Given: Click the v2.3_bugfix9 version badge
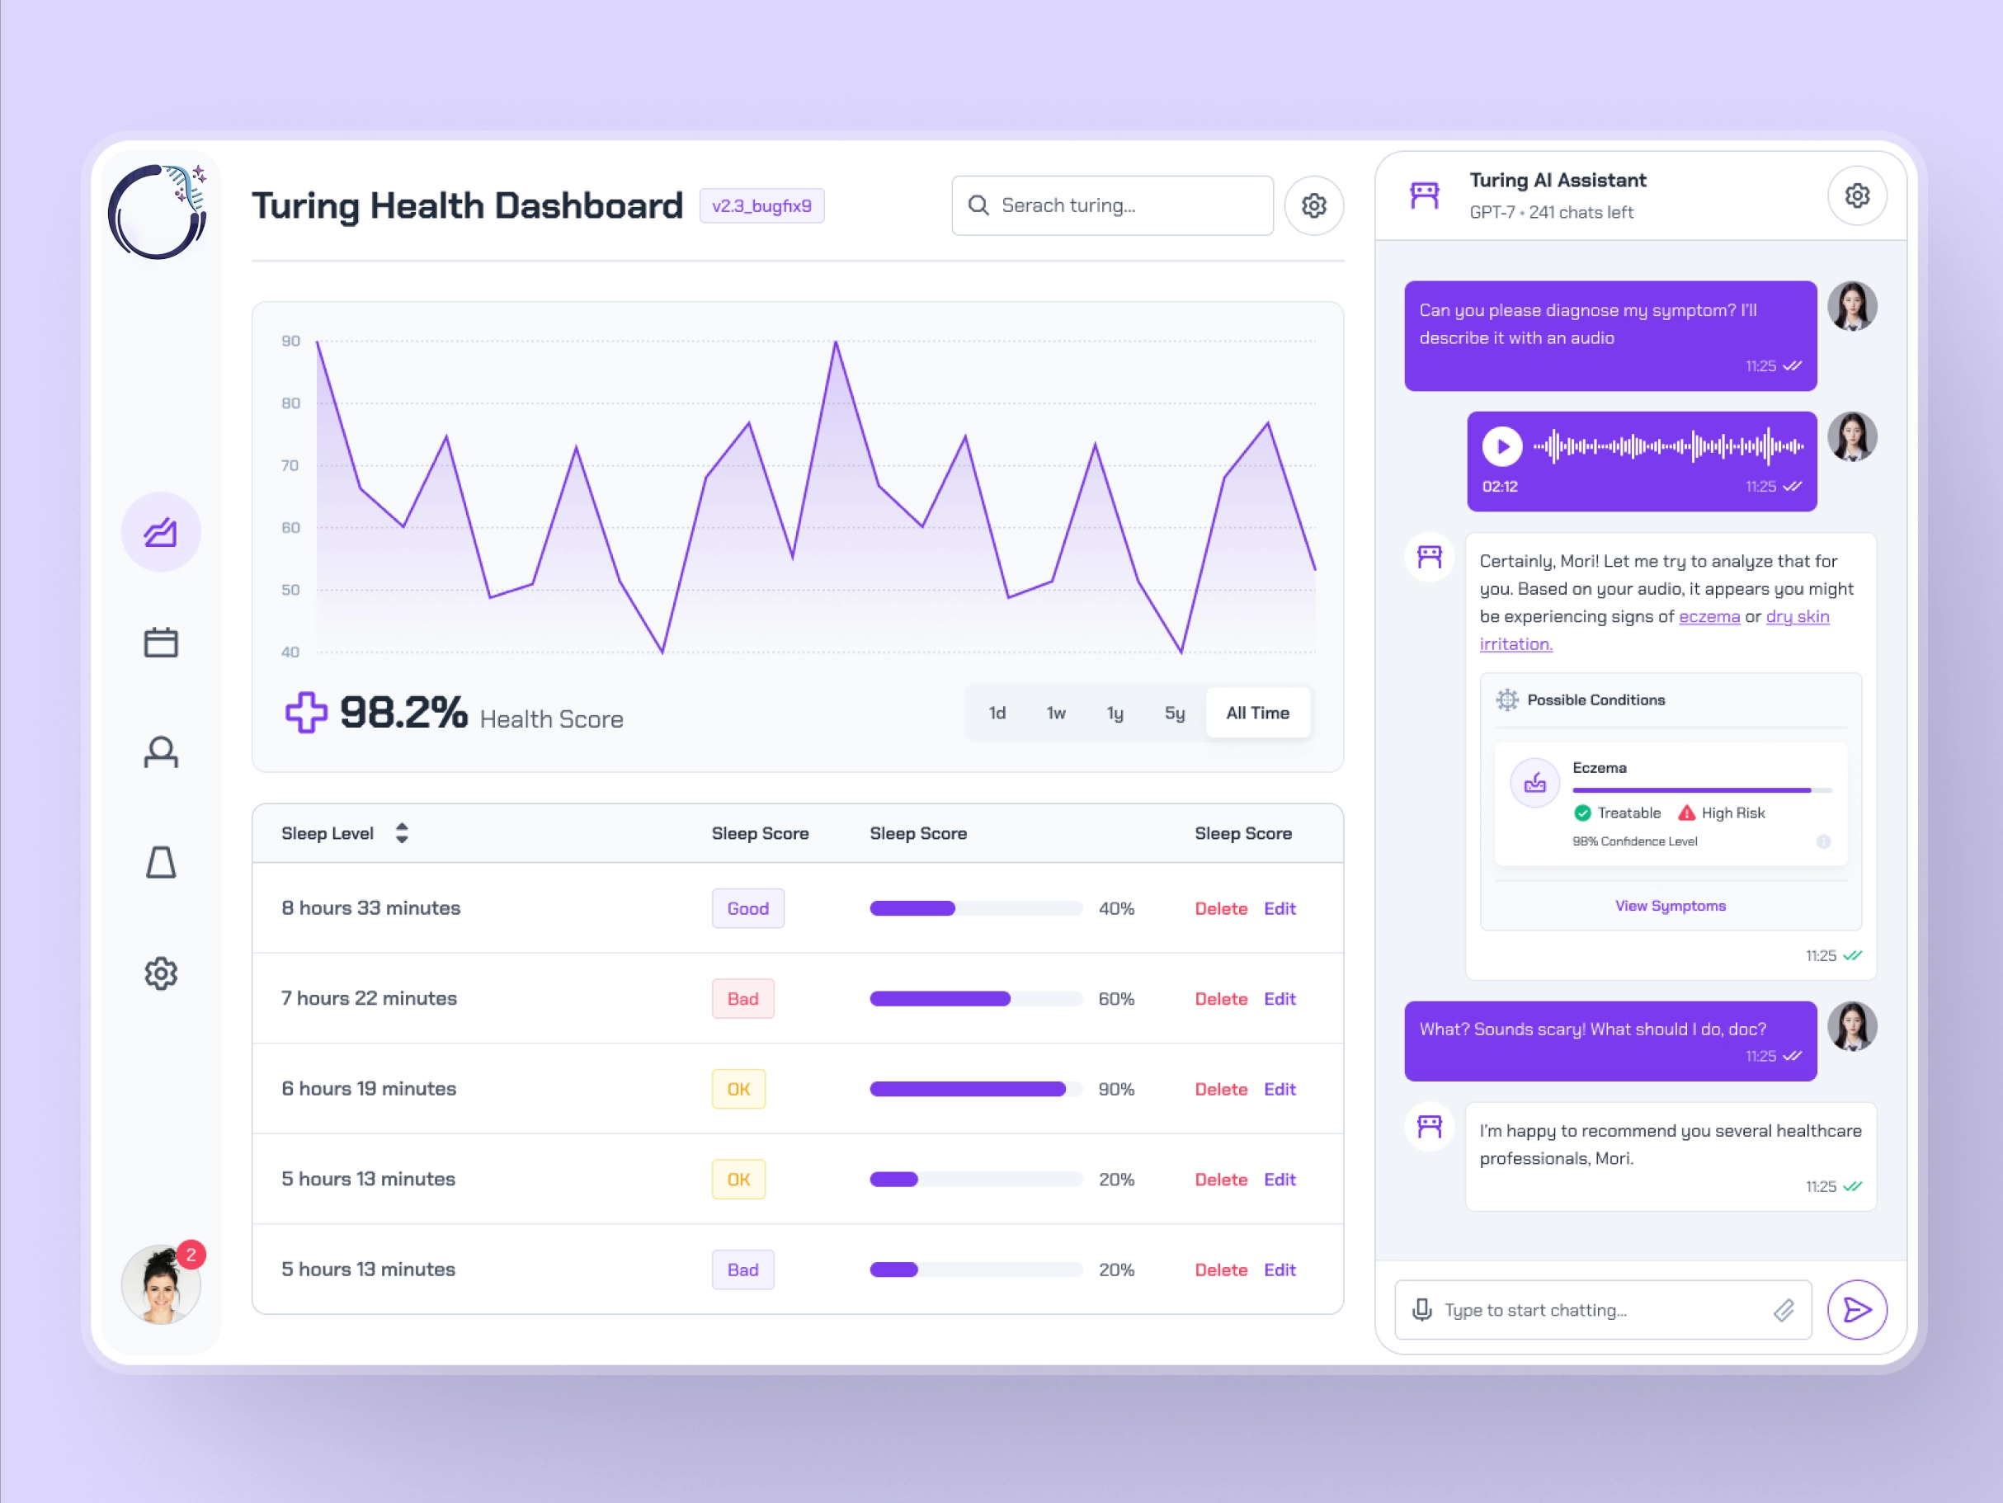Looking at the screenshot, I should click(761, 205).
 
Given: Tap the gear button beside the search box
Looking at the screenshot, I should click(1313, 205).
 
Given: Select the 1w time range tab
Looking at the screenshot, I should click(1056, 713).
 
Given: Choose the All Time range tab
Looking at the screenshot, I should click(1257, 713).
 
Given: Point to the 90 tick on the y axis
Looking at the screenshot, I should click(290, 342).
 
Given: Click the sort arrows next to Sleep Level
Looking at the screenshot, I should click(402, 833).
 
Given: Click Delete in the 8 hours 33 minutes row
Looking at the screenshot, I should click(1221, 908).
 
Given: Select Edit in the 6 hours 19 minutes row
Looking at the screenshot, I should click(1280, 1089).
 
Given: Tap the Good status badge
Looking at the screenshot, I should click(747, 908).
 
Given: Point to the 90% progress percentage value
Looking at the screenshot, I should click(1115, 1089).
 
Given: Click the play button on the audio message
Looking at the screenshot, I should click(1501, 446).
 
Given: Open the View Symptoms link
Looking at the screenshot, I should click(1670, 906).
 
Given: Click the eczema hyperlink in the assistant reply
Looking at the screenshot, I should click(1708, 616).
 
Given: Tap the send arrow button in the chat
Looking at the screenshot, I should click(1856, 1309).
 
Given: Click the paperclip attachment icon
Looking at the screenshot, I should click(1783, 1310).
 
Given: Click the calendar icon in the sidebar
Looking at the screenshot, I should click(161, 642).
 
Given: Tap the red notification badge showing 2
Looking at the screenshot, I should click(191, 1254).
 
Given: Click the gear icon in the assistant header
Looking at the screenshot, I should click(1856, 196).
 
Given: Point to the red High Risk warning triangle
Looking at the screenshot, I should click(1686, 813).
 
